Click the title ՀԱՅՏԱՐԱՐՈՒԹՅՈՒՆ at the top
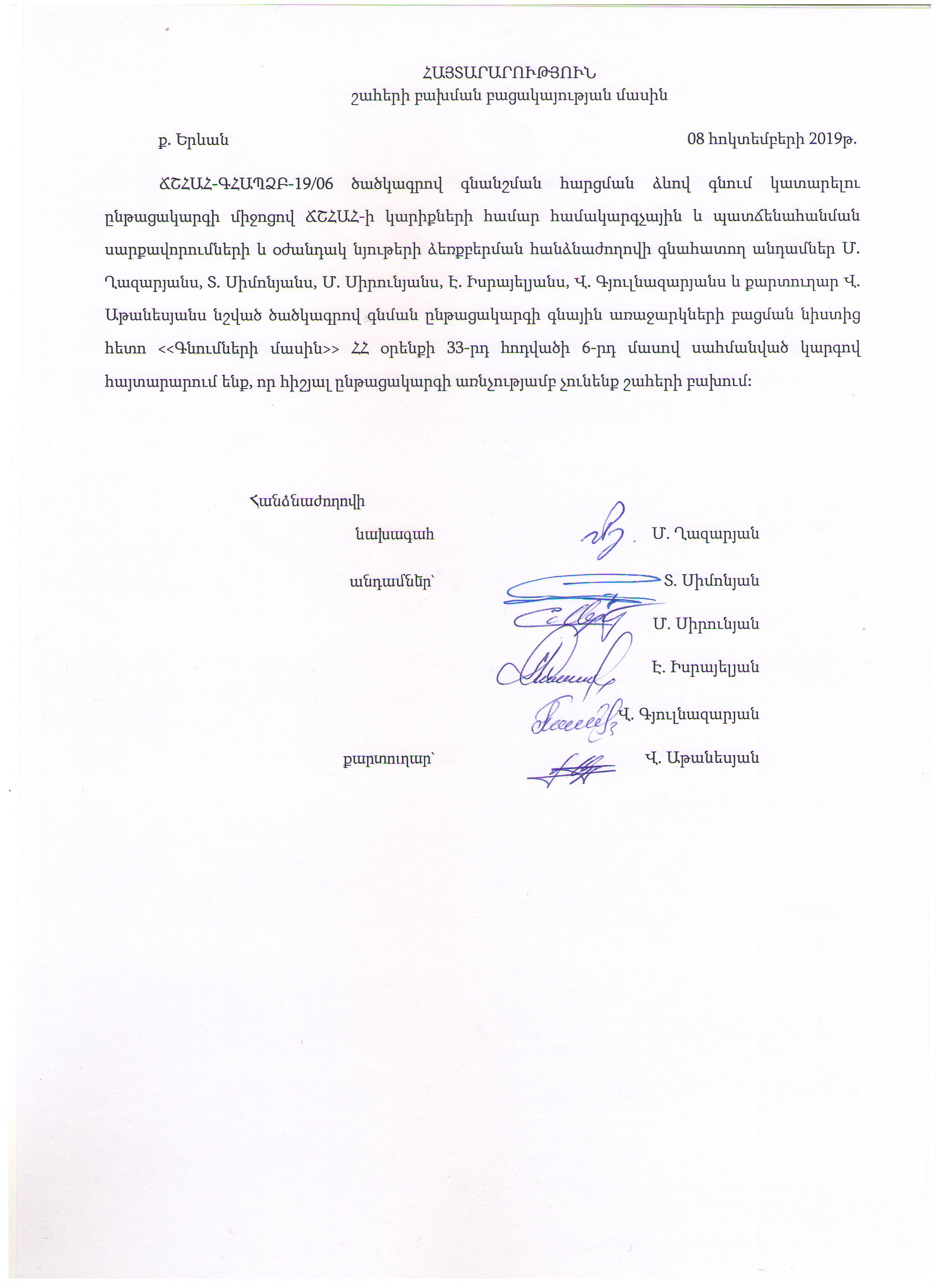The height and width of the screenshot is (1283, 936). pos(508,73)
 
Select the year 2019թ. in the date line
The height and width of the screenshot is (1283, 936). pos(832,139)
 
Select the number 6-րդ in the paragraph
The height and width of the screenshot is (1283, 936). pos(598,349)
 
